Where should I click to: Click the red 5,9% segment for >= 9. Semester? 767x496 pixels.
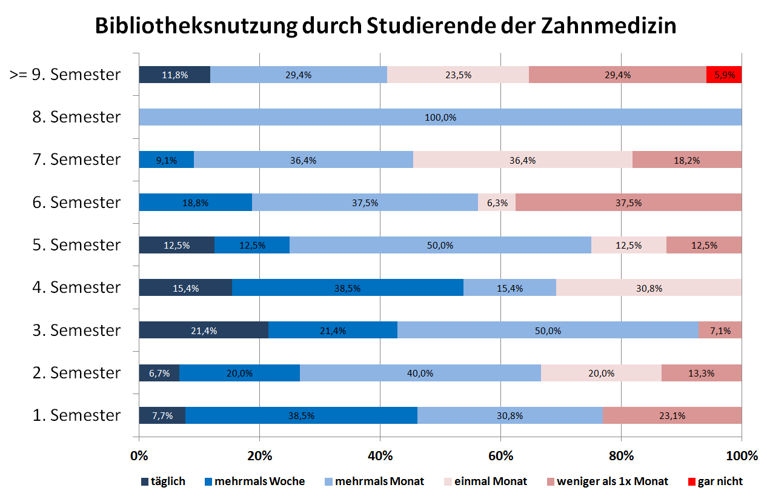click(x=724, y=75)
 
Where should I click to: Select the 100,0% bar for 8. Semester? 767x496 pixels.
click(x=440, y=117)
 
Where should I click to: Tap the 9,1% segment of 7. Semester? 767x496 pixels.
click(x=166, y=159)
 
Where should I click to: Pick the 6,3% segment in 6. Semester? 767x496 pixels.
click(x=497, y=203)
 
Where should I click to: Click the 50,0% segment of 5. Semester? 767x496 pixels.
click(x=440, y=245)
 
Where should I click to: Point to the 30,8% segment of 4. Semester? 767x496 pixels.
click(x=648, y=287)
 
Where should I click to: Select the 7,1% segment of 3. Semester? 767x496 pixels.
click(x=720, y=330)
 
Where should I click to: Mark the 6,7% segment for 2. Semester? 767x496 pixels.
click(x=159, y=373)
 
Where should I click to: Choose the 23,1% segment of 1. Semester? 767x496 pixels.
click(x=672, y=415)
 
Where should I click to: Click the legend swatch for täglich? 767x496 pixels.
click(x=144, y=482)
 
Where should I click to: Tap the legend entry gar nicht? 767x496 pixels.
click(x=720, y=481)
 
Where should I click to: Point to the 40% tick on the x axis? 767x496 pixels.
click(x=380, y=455)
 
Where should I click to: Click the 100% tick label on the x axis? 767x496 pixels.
click(x=742, y=455)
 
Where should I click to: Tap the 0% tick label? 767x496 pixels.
click(x=139, y=455)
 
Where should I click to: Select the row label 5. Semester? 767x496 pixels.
click(x=76, y=245)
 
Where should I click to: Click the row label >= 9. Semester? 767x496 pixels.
click(x=65, y=75)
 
